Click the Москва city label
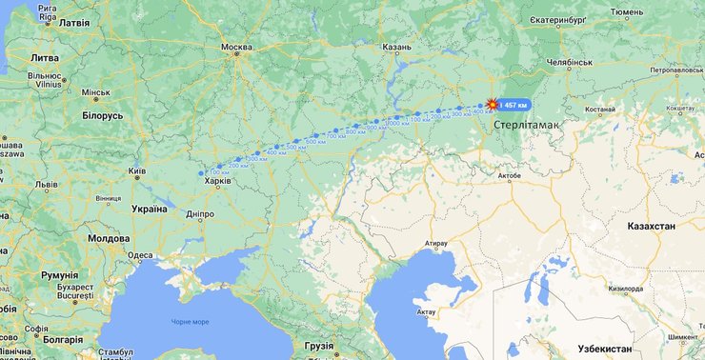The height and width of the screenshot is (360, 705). point(236,47)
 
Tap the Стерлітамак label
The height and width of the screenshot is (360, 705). point(528,125)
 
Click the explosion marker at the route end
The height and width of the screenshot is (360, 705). point(492,104)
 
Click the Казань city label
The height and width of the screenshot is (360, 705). point(396,47)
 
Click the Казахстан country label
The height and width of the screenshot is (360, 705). point(651,226)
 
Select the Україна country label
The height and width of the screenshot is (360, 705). point(149,209)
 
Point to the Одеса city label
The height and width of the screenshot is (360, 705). point(140,255)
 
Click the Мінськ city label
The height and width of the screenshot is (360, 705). point(96,92)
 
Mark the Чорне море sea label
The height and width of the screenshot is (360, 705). point(190,322)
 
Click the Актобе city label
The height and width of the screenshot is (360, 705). point(510,175)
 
